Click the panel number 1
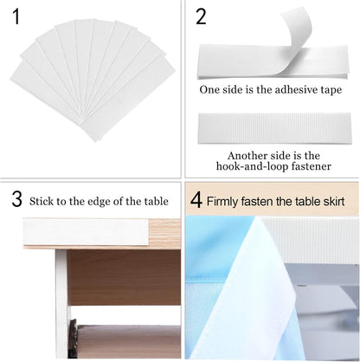tap(16, 17)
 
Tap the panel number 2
tap(202, 17)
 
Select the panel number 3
tap(17, 199)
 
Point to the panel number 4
tap(196, 200)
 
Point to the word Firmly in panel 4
tap(222, 201)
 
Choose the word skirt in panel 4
tap(334, 201)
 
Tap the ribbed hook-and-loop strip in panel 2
tap(274, 128)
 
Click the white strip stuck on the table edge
tap(86, 232)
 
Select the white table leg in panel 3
tap(61, 303)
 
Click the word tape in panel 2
tap(331, 90)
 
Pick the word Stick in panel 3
tap(41, 202)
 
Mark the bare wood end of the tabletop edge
tap(164, 233)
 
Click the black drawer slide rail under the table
tap(74, 339)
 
